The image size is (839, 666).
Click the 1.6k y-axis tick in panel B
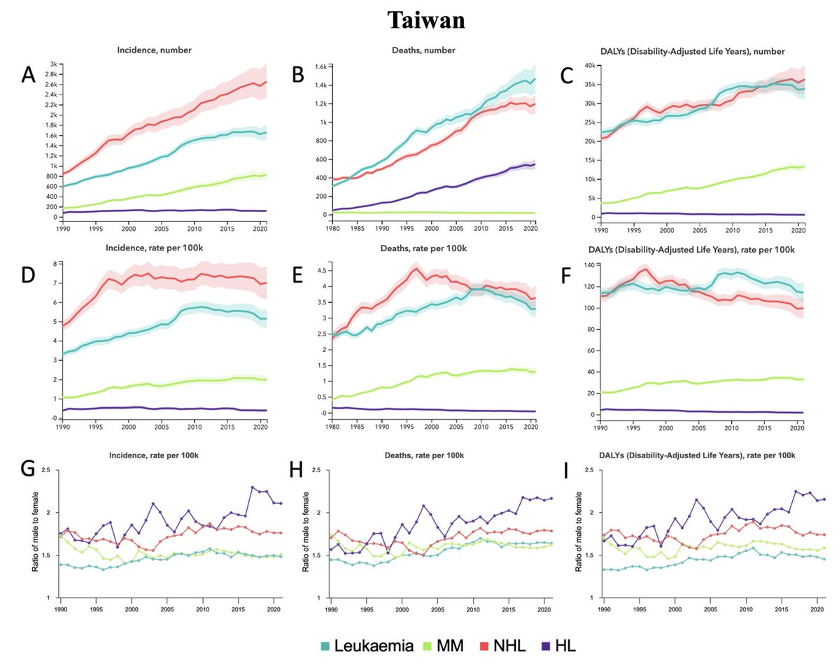point(319,67)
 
